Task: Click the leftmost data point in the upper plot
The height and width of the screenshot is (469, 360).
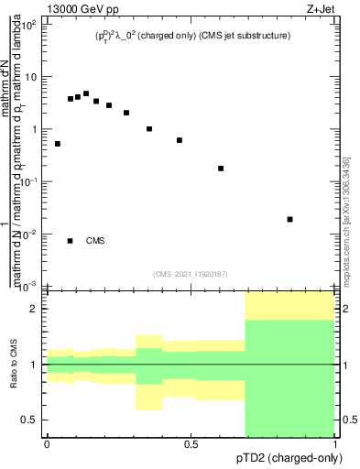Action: click(58, 144)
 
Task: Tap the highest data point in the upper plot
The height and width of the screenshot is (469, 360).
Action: click(86, 93)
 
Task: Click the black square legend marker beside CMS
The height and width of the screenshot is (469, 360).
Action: click(71, 241)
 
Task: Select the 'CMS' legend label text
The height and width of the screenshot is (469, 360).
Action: click(95, 241)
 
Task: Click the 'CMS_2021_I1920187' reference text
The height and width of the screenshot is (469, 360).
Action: click(190, 274)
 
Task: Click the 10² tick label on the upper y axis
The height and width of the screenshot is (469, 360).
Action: click(27, 25)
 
